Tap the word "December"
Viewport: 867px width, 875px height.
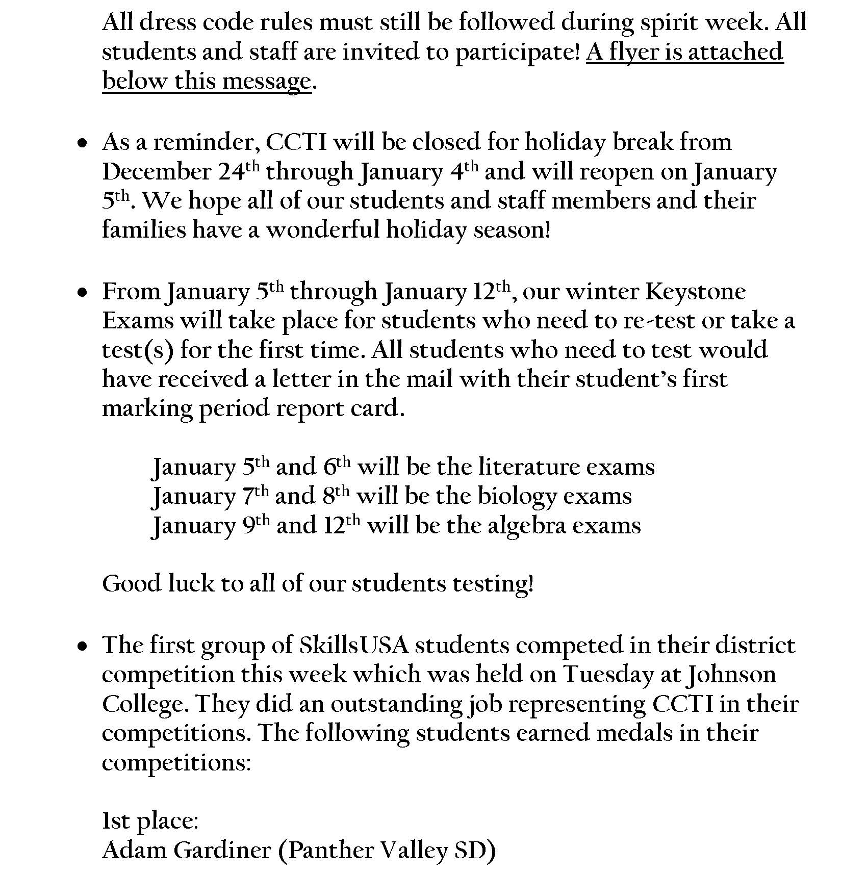click(156, 172)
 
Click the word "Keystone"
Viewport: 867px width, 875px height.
click(696, 292)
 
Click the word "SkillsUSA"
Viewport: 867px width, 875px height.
click(354, 646)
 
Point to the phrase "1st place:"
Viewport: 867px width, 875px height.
click(150, 821)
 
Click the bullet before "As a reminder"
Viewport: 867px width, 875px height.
click(82, 145)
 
